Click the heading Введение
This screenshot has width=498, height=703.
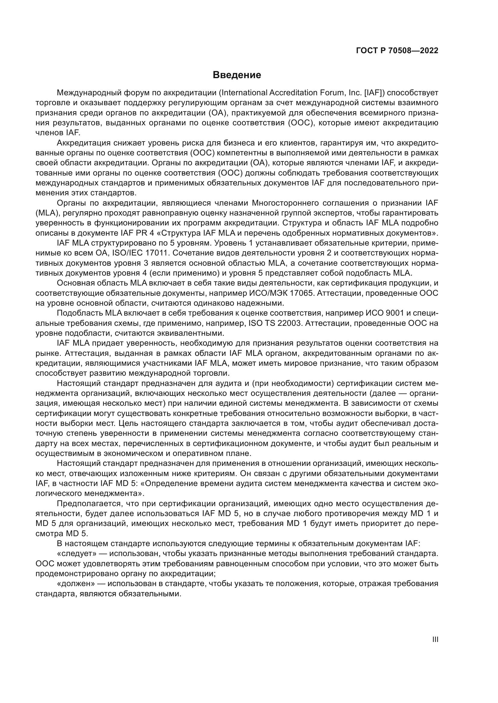point(237,75)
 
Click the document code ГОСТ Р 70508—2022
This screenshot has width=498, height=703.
point(397,51)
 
